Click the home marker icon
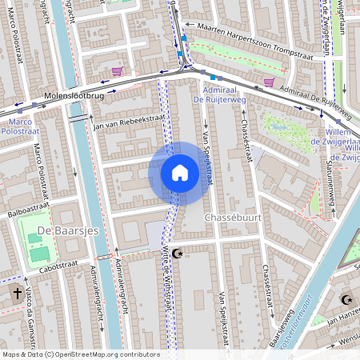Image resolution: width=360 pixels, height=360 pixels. point(180,173)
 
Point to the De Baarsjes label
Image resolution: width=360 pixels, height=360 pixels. point(61,233)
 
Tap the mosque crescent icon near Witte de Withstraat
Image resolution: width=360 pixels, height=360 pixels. point(178,253)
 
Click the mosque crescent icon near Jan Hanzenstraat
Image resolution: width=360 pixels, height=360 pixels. point(346,300)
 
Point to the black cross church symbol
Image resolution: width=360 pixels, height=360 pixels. point(17,294)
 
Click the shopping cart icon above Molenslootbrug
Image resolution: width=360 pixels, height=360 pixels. point(118,71)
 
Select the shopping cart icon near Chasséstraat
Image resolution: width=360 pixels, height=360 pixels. point(269,82)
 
